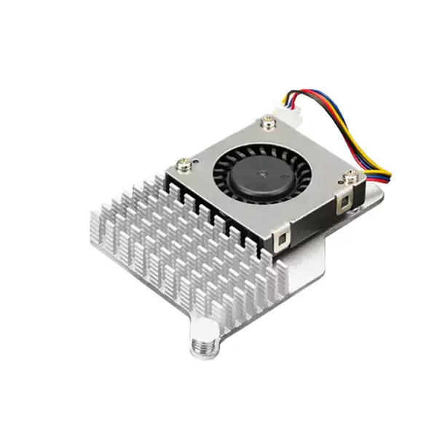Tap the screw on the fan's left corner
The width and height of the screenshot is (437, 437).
(x=184, y=165)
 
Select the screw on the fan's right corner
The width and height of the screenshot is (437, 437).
(x=350, y=177)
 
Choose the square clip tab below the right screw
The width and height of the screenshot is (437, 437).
(x=345, y=203)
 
